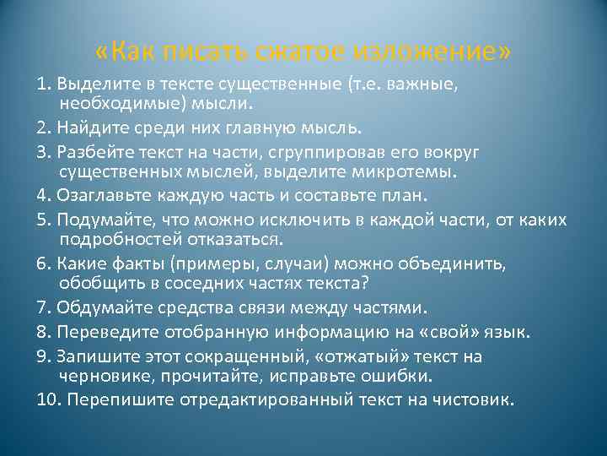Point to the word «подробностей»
click(x=111, y=242)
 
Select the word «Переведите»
click(x=99, y=333)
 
